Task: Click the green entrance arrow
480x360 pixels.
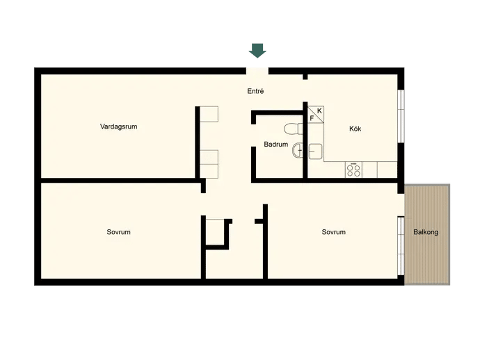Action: click(257, 51)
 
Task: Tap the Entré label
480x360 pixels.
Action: click(255, 91)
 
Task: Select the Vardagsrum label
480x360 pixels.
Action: click(118, 126)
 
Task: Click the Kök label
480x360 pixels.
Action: click(355, 129)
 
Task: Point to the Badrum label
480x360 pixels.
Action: click(275, 145)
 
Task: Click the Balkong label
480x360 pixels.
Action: click(426, 232)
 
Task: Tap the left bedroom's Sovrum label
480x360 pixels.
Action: click(118, 232)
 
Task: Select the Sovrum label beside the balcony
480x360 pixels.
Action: click(334, 232)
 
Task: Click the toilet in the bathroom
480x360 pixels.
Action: click(294, 129)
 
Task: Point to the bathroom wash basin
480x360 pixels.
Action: click(298, 151)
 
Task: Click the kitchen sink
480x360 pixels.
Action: click(315, 152)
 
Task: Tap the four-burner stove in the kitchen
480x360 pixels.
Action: click(353, 170)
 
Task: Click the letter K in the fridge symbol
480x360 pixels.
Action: click(319, 111)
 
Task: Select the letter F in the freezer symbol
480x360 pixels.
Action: click(312, 118)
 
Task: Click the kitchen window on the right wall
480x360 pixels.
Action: click(401, 116)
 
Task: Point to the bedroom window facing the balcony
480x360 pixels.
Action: click(401, 246)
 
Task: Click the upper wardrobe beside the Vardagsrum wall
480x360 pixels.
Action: click(209, 114)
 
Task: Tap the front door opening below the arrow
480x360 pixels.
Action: click(257, 71)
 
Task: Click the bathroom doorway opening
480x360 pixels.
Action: click(253, 136)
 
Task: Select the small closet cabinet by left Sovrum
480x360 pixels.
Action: click(216, 232)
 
